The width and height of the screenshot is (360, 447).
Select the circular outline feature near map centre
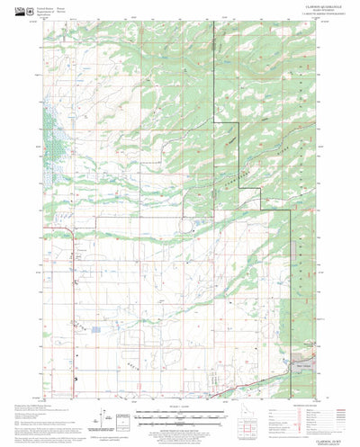[x=190, y=228]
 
